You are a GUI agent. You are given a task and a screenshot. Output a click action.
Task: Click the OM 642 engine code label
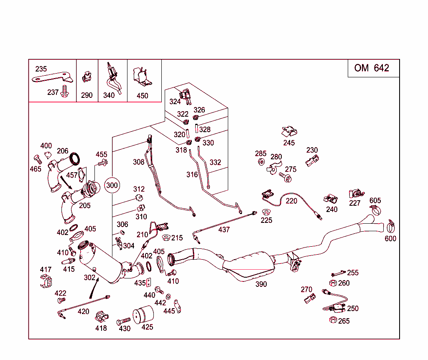371,68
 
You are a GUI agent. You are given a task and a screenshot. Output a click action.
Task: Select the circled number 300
112,185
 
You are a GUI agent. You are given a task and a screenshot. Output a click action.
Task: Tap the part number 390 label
261,284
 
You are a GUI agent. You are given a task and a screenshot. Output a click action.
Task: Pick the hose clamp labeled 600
391,226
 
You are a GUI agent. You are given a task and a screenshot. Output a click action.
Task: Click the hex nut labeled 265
333,320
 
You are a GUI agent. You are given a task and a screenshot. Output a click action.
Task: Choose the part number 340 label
109,95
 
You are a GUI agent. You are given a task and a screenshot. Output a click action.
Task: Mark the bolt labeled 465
37,159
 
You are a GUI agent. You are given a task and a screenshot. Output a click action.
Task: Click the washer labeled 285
260,162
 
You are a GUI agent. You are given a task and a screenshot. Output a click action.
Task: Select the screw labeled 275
288,178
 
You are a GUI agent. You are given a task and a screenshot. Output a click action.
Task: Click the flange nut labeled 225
266,211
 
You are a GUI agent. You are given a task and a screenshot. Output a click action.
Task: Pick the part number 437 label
224,230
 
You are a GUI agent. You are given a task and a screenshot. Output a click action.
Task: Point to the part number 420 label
84,311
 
